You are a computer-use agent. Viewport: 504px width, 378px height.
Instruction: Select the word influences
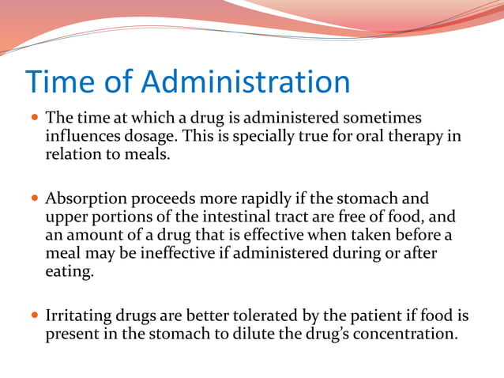tap(82, 136)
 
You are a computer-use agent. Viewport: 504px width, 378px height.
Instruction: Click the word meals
tap(147, 154)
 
